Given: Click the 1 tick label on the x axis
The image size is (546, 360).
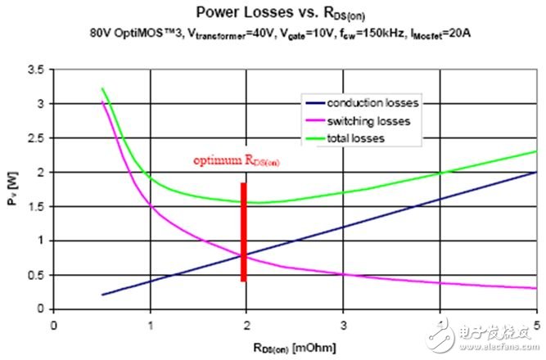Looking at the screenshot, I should [151, 324].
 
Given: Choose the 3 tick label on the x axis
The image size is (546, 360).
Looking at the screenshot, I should [344, 324].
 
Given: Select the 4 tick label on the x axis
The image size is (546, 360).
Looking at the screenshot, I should [440, 324].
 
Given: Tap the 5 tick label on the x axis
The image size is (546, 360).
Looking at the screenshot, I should [536, 324].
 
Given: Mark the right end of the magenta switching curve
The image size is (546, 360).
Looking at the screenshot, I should [536, 288].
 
